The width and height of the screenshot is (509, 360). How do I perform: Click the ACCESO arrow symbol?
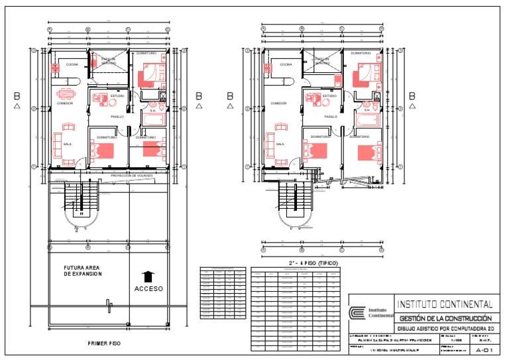(148, 276)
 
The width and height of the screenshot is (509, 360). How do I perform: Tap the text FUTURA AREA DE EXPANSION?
(83, 270)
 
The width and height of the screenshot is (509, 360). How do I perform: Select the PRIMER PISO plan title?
(104, 343)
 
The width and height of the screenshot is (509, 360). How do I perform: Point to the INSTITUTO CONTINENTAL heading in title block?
(444, 305)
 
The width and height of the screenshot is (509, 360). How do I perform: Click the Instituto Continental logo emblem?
(359, 312)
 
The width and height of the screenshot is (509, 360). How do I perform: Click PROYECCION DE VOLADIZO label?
(132, 175)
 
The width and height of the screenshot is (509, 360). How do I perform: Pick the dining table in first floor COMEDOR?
(65, 93)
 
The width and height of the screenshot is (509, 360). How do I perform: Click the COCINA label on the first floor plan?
(72, 64)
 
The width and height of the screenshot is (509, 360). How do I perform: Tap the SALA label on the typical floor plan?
(280, 143)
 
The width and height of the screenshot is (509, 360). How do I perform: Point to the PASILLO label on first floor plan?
(117, 117)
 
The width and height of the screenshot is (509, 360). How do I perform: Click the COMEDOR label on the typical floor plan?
(278, 103)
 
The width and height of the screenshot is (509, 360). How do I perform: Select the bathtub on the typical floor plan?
(366, 120)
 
